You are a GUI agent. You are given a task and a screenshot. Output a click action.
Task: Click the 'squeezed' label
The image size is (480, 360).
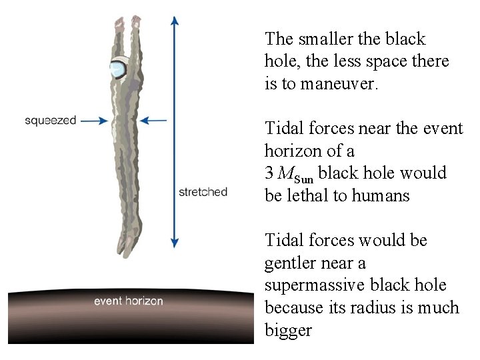pos(51,121)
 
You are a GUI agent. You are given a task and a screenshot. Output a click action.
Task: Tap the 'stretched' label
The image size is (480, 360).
pos(203,192)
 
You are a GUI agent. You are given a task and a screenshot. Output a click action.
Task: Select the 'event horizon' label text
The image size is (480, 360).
pos(128,301)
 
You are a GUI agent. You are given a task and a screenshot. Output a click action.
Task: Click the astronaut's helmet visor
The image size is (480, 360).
pos(120,69)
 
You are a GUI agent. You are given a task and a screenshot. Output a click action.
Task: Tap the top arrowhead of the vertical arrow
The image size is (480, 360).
pos(175,20)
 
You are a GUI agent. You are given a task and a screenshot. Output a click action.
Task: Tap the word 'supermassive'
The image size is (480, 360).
pos(308,285)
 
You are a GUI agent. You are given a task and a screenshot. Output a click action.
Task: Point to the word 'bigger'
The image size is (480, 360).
pos(288,331)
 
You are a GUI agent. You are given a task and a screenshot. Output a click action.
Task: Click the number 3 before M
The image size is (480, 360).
pos(269,173)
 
